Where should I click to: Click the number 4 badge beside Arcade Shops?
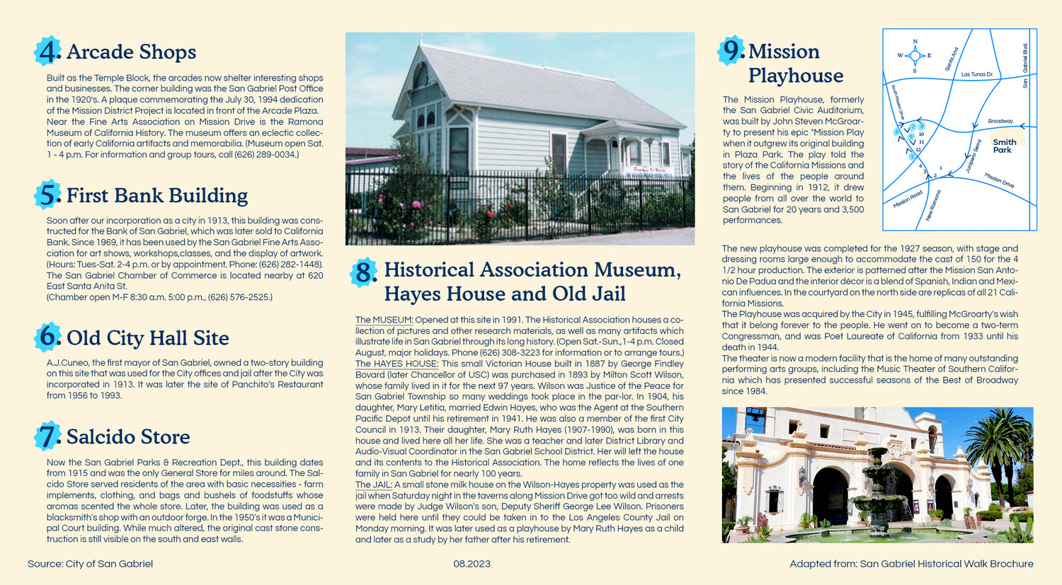[x=47, y=52]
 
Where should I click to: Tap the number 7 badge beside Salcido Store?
[x=47, y=436]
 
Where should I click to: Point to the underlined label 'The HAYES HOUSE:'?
[x=396, y=364]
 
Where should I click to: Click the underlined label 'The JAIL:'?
[x=373, y=485]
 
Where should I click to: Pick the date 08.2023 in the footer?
[x=472, y=564]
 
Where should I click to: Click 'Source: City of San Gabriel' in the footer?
[x=90, y=564]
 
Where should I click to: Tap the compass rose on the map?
[x=915, y=55]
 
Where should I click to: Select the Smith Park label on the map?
[x=1004, y=146]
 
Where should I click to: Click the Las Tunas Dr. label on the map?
[x=977, y=74]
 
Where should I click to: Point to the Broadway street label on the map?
[x=1000, y=121]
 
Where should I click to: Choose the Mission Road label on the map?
[x=907, y=199]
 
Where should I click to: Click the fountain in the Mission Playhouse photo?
[x=878, y=495]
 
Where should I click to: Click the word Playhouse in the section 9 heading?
[x=795, y=76]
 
